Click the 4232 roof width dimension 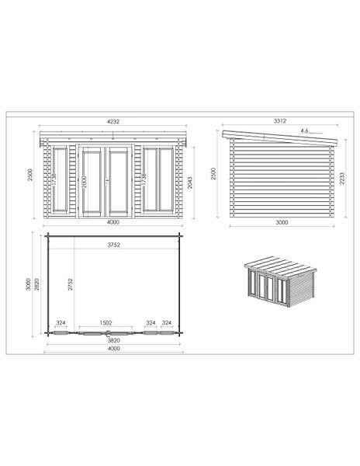point(112,121)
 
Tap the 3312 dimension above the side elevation point(280,120)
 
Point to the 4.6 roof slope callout point(304,130)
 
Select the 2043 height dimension point(190,183)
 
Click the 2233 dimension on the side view point(342,179)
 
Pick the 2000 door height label point(84,182)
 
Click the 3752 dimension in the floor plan point(114,245)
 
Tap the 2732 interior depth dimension point(70,284)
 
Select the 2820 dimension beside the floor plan point(36,284)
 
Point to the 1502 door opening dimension point(106,323)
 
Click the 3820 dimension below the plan point(114,340)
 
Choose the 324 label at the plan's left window point(61,323)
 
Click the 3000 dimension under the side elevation point(282,222)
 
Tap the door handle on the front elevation point(106,181)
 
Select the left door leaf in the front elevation point(92,182)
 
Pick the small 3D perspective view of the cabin point(280,281)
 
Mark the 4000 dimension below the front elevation point(112,222)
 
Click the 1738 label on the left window point(54,180)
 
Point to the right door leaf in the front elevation point(119,182)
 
